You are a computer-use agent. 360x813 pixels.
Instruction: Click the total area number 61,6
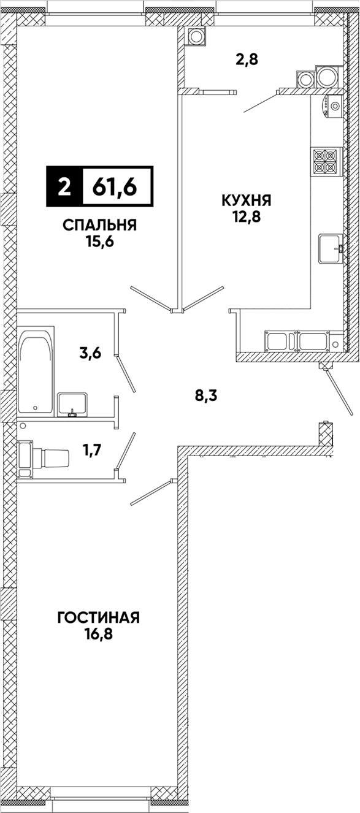tap(115, 187)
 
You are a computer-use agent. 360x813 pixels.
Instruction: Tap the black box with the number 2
tap(64, 187)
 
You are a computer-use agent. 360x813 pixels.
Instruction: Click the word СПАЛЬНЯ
tap(100, 226)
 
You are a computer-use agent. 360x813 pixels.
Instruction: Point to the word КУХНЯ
tap(247, 200)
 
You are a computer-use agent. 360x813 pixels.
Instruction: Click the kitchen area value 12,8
tap(247, 216)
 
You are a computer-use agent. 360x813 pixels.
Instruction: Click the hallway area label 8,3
tap(206, 395)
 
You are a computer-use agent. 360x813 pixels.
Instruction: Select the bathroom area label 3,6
tap(90, 353)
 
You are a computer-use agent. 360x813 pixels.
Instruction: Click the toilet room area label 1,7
tap(91, 451)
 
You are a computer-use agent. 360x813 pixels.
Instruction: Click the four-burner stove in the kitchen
tap(326, 161)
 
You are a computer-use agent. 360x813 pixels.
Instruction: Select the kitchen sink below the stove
tap(330, 248)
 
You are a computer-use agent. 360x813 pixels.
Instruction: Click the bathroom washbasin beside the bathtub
tap(72, 404)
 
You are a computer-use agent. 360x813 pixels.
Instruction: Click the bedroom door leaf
tap(151, 299)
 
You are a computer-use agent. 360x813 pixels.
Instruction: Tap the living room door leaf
tap(151, 492)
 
